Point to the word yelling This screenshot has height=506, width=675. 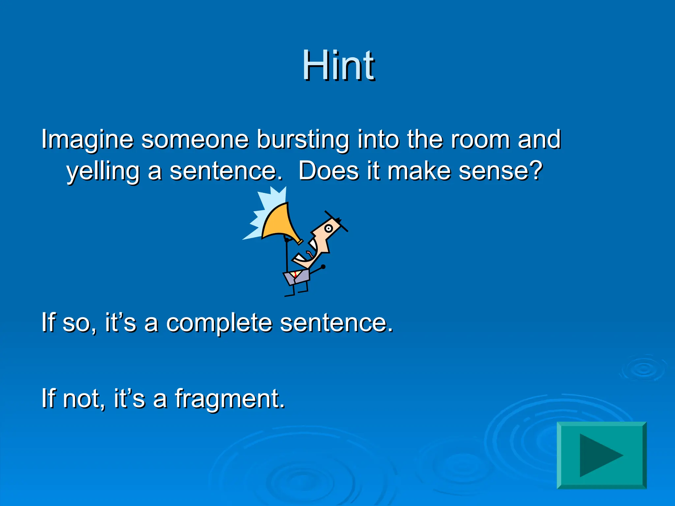[x=103, y=172]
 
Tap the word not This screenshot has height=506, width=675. [x=81, y=399]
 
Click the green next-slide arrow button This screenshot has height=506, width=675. [x=602, y=455]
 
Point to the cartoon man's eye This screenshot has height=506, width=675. [x=328, y=228]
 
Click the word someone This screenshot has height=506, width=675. [x=195, y=139]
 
